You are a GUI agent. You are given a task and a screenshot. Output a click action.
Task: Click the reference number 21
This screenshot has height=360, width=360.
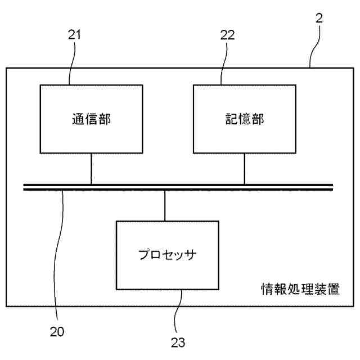[75, 35]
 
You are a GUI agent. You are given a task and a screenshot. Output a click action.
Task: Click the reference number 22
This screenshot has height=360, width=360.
[227, 35]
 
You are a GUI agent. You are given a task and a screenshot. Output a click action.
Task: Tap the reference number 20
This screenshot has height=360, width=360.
[57, 331]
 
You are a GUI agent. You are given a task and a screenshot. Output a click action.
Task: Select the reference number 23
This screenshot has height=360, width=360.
[178, 341]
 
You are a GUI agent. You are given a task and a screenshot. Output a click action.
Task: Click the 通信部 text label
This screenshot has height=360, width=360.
[91, 119]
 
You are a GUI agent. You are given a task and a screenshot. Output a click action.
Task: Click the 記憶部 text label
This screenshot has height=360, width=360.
[244, 119]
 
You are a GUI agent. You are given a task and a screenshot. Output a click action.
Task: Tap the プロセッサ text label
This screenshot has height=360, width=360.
[167, 254]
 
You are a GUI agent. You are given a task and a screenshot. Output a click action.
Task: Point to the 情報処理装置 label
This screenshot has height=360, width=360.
[300, 290]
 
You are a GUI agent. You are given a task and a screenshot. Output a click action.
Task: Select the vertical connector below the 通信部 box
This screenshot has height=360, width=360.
[91, 168]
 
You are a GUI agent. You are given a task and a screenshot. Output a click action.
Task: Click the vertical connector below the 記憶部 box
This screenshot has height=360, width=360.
[244, 168]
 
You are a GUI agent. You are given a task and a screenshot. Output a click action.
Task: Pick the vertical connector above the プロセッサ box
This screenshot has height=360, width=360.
[165, 205]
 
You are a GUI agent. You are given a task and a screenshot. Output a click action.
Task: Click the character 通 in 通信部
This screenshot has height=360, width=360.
[78, 119]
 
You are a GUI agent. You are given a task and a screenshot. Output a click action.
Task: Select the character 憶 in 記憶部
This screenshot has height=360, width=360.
[244, 119]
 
